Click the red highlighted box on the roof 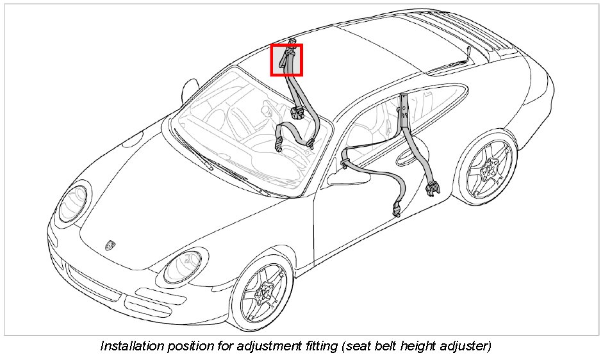286,60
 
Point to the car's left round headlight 74,202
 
